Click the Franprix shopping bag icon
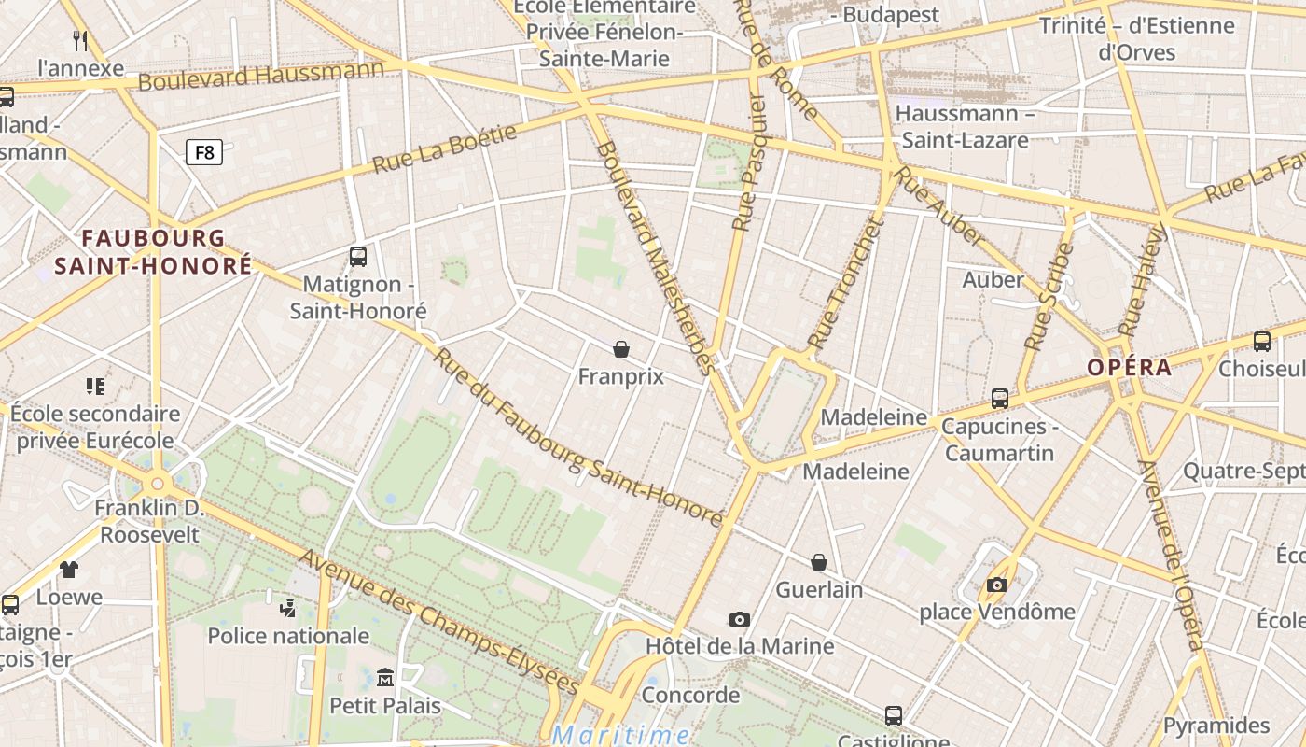(x=621, y=349)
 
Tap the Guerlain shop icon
(x=819, y=562)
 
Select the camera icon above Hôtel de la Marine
(x=740, y=619)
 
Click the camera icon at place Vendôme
(x=997, y=585)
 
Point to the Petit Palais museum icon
(x=385, y=676)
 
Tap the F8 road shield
(x=204, y=151)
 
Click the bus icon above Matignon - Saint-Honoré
(x=357, y=256)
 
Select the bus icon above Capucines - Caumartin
(x=1000, y=399)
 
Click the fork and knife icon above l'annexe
(x=80, y=40)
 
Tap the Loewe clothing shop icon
(x=69, y=569)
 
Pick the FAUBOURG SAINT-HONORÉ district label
(x=153, y=252)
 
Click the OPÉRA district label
(x=1129, y=367)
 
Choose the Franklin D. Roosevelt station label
(x=149, y=521)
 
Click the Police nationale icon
(x=287, y=608)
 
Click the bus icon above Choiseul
(x=1262, y=342)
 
